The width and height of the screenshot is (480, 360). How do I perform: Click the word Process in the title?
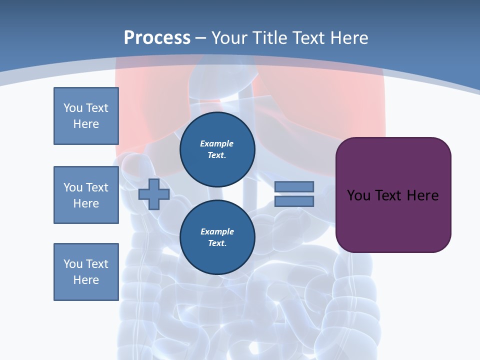point(157,38)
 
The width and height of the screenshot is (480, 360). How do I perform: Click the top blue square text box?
point(86,116)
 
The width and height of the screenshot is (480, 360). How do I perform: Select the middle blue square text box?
point(86,195)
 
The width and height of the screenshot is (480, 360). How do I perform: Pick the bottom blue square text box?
point(86,272)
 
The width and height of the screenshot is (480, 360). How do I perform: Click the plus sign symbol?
point(153,194)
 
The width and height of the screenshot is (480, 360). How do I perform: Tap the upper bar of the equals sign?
point(294,187)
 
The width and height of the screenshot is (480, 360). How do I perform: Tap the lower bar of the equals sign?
point(294,201)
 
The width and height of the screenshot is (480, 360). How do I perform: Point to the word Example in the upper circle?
point(216,143)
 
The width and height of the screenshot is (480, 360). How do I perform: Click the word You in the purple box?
point(358,195)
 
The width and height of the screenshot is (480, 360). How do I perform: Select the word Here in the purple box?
point(422,195)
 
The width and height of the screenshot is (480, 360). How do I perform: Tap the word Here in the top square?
point(86,124)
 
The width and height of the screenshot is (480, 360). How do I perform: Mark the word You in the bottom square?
point(73,264)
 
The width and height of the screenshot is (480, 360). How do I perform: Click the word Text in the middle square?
point(97,187)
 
